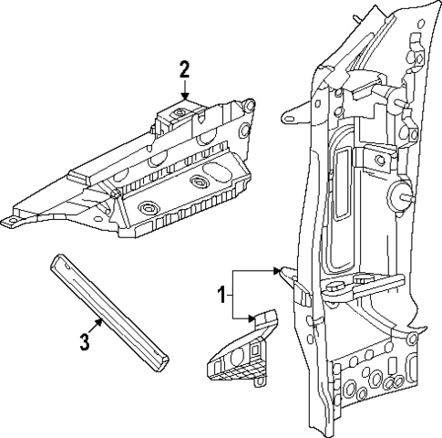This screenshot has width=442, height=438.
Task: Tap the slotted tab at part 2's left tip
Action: click(x=12, y=220)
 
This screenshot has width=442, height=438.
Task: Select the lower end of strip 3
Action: click(x=160, y=365)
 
